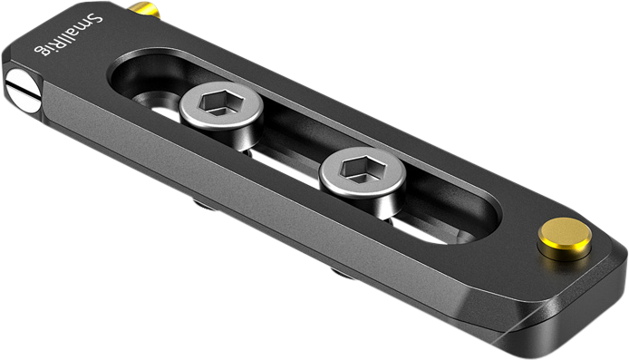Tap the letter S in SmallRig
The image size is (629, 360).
pyautogui.click(x=97, y=19)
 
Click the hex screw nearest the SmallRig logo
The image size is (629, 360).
pyautogui.click(x=220, y=108)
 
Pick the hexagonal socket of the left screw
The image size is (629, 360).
pyautogui.click(x=220, y=103)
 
